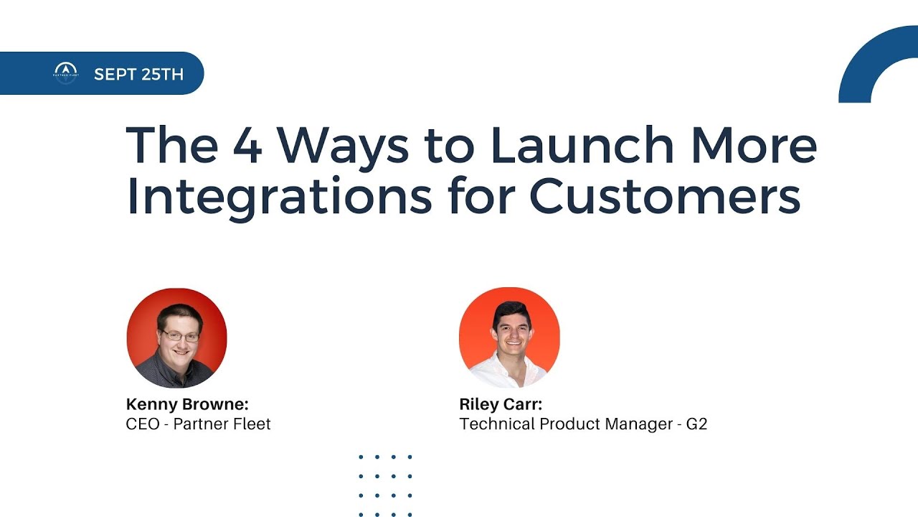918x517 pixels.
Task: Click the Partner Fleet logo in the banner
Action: pyautogui.click(x=66, y=73)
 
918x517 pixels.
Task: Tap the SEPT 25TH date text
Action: pyautogui.click(x=138, y=74)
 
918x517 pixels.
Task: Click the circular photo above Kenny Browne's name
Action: pyautogui.click(x=176, y=337)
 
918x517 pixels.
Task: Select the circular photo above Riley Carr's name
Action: pyautogui.click(x=509, y=337)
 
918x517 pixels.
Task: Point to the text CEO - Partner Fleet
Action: pyautogui.click(x=198, y=424)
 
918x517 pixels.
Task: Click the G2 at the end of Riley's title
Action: pyautogui.click(x=696, y=424)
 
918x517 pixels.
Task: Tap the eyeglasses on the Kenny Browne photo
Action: pyautogui.click(x=180, y=335)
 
